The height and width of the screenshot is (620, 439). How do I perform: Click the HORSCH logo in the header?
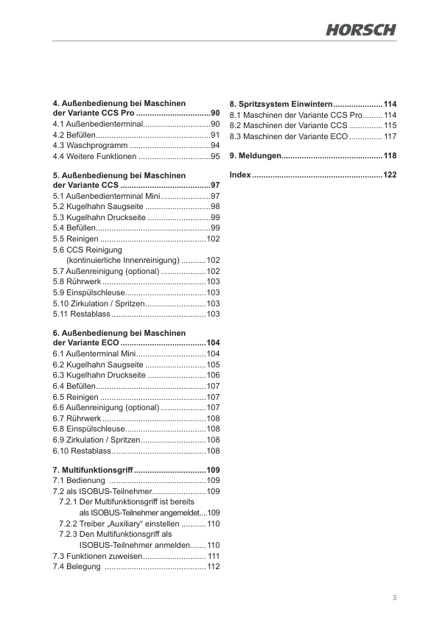pos(361,29)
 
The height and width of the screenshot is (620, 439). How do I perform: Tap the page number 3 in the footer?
pos(394,597)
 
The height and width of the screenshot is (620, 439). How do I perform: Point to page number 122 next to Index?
pos(390,175)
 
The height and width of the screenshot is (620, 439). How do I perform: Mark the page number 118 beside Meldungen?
pos(390,156)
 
